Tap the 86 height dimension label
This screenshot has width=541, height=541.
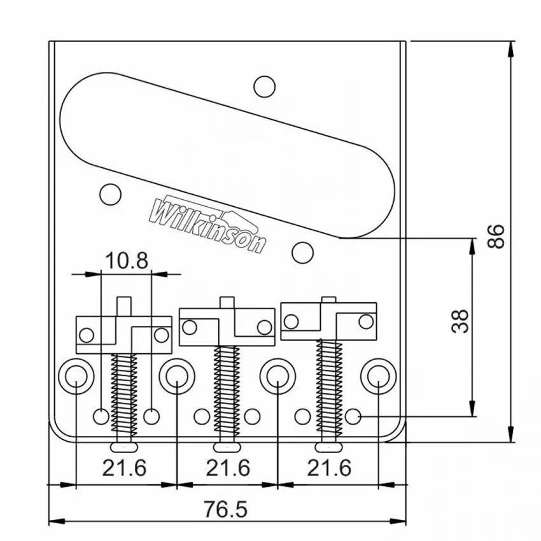click(x=496, y=236)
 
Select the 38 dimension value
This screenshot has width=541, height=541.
click(x=460, y=321)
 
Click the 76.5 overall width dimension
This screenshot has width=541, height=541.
click(x=226, y=509)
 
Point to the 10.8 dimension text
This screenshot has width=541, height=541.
click(x=127, y=260)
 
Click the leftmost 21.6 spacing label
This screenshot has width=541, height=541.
click(x=125, y=468)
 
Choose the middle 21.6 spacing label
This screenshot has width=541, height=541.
click(x=228, y=468)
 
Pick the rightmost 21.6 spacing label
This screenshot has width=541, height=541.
click(x=329, y=468)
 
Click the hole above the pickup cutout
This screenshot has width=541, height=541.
click(x=264, y=87)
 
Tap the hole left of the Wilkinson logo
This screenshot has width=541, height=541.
click(x=110, y=194)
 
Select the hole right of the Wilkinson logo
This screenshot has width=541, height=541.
click(x=302, y=253)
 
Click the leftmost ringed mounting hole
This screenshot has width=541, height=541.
click(x=76, y=376)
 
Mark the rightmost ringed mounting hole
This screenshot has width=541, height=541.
click(x=379, y=376)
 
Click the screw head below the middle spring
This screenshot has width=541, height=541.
click(x=227, y=447)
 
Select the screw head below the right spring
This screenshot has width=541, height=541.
click(x=330, y=447)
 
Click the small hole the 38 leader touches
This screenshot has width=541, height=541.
click(x=352, y=416)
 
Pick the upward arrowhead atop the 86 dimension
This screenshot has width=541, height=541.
click(x=511, y=50)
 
